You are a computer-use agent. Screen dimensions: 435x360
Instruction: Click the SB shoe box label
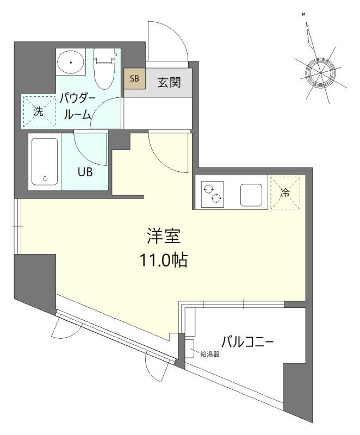pos(134,78)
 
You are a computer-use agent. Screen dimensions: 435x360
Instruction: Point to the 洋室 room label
pos(163,237)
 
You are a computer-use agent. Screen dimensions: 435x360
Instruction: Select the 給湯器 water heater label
pos(209,355)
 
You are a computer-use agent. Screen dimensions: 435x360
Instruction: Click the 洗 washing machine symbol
pos(39,111)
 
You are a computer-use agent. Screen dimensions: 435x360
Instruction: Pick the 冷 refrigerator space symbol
pos(285,192)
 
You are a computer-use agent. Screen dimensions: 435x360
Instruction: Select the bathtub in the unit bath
pos(45,161)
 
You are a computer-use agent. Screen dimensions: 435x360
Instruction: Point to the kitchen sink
pos(251,194)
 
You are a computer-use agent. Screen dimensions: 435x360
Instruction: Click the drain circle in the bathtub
pos(45,178)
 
